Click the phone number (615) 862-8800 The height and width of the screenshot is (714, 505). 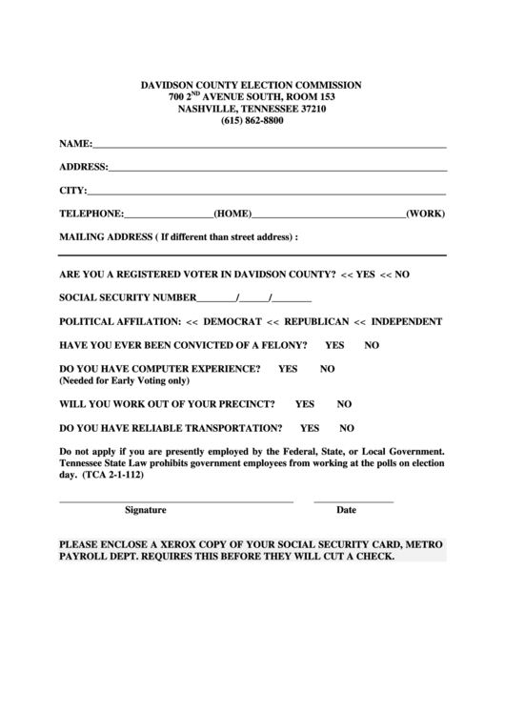click(x=252, y=122)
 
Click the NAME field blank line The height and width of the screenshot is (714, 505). click(x=270, y=147)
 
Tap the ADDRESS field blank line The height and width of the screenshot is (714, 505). click(x=277, y=169)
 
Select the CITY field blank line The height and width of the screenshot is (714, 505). click(x=267, y=192)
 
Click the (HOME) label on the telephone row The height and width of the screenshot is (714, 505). click(x=232, y=214)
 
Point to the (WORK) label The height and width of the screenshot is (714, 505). click(x=425, y=214)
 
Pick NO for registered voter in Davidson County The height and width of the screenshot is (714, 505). click(x=400, y=274)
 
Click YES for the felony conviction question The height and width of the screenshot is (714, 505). click(x=334, y=344)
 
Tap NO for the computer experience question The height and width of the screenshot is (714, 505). click(x=327, y=368)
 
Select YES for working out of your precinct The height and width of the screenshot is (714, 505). click(x=305, y=403)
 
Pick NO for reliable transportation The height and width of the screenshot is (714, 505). click(x=347, y=428)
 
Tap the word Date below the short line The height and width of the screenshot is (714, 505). click(x=346, y=510)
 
